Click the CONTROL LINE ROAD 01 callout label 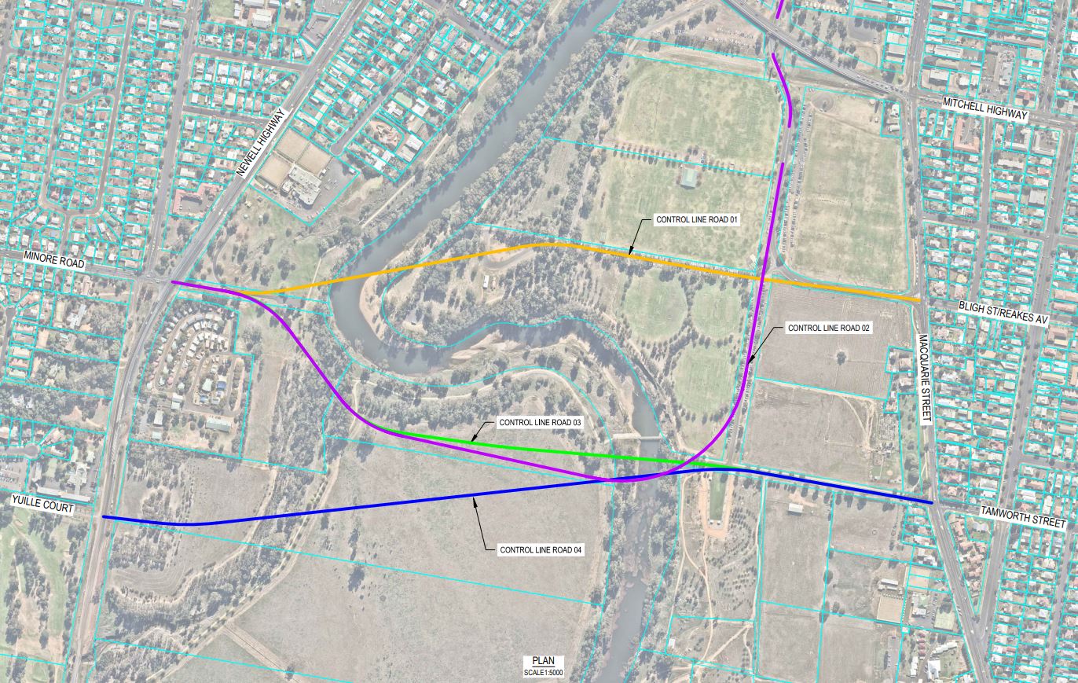pos(697,220)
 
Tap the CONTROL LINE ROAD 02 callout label pos(828,328)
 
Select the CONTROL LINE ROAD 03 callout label pos(540,423)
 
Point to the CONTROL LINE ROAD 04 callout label pos(541,549)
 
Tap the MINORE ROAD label pos(53,259)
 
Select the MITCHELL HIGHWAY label pos(984,108)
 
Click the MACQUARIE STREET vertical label pos(925,379)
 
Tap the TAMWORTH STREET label pos(1023,516)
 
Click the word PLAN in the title pos(543,661)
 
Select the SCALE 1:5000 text pos(543,673)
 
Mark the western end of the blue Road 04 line pos(104,517)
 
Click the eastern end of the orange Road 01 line pos(919,299)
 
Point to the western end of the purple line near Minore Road pos(173,282)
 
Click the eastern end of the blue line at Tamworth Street pos(931,502)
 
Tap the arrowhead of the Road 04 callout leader pos(474,498)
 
